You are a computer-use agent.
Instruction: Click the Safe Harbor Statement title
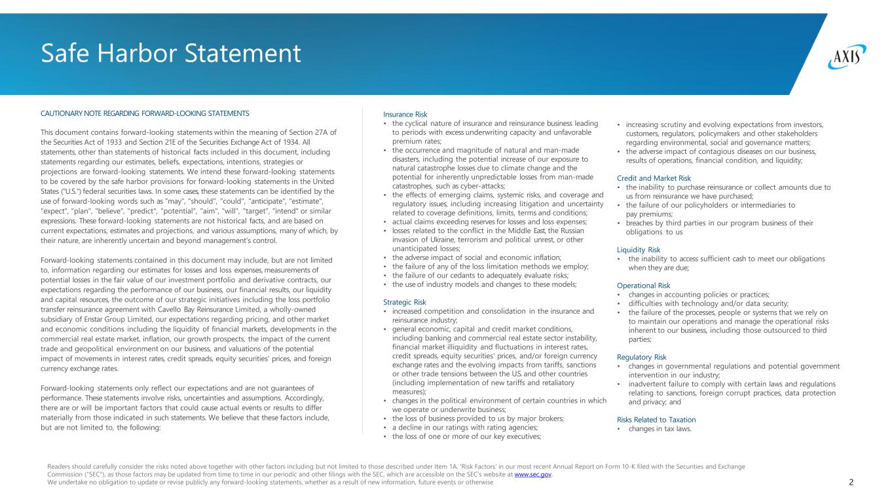pos(171,53)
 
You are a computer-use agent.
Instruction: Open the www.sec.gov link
pos(534,475)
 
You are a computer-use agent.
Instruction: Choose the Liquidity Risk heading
pos(639,250)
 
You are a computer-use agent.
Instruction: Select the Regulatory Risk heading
pos(642,357)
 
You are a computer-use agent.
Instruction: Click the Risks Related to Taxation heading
pos(656,420)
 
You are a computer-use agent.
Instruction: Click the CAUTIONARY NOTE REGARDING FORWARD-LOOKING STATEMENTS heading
pos(145,114)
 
